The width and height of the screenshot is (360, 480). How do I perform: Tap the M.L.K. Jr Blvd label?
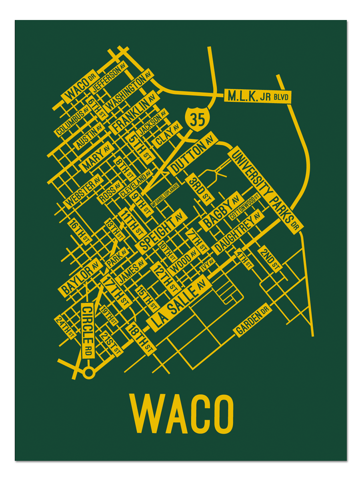point(258,96)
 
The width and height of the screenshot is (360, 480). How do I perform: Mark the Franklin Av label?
point(134,113)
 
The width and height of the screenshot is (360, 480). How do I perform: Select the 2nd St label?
point(270,259)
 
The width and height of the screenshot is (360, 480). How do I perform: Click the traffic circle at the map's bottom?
point(88,373)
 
